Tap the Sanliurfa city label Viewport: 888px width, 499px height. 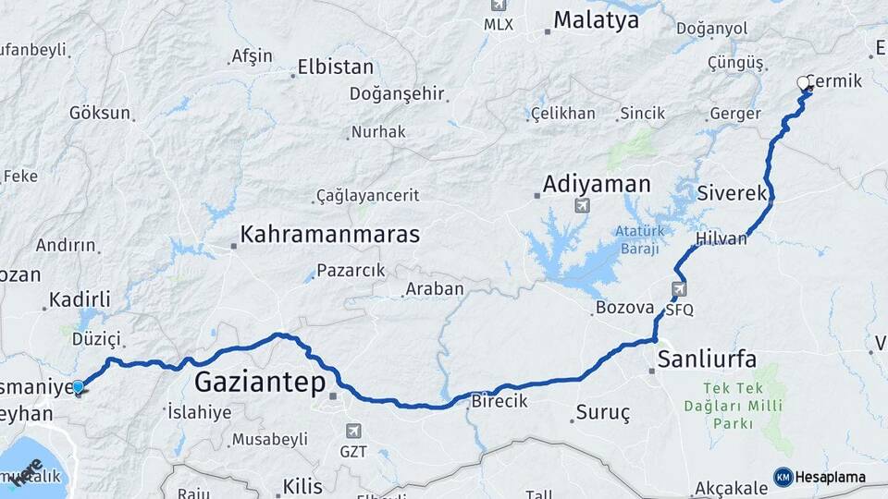(708, 358)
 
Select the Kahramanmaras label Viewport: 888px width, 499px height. (329, 235)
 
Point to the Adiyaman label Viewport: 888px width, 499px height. (597, 184)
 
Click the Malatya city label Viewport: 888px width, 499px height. (597, 20)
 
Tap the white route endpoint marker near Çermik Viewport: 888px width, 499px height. (803, 85)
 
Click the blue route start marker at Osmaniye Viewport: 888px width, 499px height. (79, 387)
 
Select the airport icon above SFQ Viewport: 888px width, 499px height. (680, 289)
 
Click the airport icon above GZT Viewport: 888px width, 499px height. (353, 431)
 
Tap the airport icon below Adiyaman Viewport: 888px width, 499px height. (582, 205)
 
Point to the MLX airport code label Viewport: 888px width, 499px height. (499, 24)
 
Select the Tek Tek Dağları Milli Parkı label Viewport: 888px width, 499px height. (734, 407)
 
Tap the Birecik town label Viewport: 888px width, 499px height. (499, 401)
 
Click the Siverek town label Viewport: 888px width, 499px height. (733, 194)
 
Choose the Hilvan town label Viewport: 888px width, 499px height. (721, 238)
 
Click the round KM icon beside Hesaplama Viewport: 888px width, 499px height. (783, 477)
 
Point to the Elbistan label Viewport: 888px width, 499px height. (335, 67)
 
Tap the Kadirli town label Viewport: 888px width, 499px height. (80, 299)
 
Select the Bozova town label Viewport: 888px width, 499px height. (625, 308)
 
